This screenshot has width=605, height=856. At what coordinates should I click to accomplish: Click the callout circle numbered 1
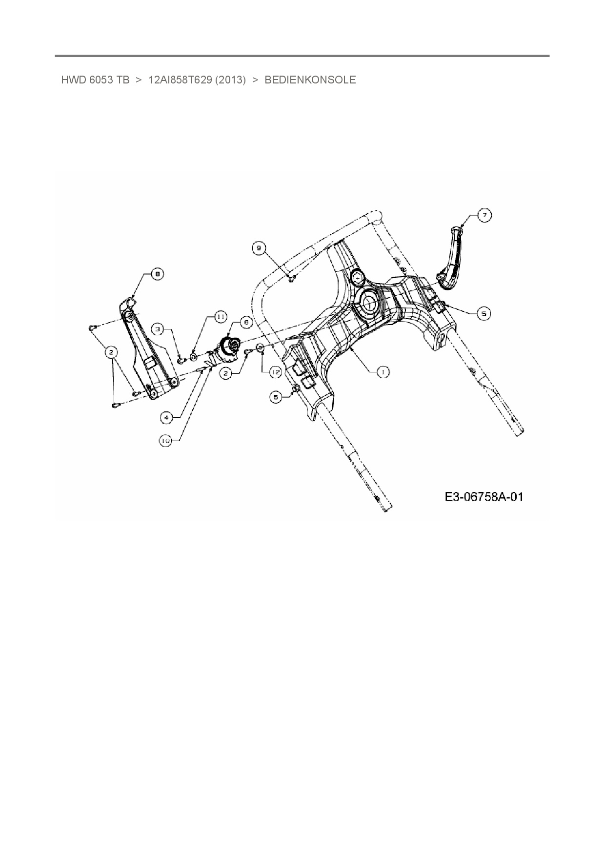pos(383,372)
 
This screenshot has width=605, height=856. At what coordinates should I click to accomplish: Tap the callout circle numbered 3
pos(158,329)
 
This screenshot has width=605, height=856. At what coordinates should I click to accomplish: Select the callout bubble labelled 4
pos(167,417)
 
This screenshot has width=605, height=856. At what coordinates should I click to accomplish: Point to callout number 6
pos(245,323)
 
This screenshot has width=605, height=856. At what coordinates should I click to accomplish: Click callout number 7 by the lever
pos(484,215)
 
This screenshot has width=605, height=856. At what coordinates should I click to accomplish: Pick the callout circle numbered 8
pos(157,275)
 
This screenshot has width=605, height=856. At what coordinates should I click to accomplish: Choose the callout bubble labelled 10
pos(166,440)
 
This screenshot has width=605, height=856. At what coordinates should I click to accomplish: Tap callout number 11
pos(221,317)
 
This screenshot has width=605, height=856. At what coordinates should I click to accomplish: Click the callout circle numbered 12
pos(276,372)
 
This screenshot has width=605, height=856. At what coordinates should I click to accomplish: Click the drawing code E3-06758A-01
pos(484,497)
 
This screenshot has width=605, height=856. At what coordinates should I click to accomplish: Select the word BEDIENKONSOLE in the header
pos(310,80)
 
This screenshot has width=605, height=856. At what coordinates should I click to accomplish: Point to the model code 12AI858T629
pos(180,80)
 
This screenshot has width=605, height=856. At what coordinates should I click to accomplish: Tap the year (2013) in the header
pos(230,80)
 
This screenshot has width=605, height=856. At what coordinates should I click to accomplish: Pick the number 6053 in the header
pos(101,80)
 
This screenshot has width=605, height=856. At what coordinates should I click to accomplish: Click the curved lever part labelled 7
pos(451,259)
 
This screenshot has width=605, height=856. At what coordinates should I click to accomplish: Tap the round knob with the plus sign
pos(359,278)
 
